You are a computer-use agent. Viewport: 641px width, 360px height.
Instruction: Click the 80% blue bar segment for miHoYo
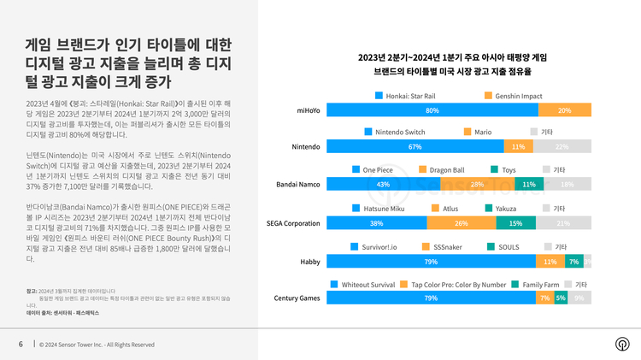(x=432, y=110)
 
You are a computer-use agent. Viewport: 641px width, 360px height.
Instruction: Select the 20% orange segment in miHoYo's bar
(x=565, y=110)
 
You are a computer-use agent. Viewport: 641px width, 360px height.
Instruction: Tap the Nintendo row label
(x=306, y=147)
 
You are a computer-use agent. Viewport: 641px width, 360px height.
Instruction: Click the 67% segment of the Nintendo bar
(x=415, y=147)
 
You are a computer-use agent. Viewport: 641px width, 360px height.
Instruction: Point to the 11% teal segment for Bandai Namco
(x=528, y=184)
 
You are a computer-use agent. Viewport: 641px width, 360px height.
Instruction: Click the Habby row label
(x=309, y=261)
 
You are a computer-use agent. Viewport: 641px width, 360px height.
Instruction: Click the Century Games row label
(x=297, y=298)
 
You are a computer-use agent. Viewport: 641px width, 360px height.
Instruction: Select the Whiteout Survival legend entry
(x=365, y=284)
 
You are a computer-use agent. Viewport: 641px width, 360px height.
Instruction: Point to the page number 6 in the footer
(x=21, y=345)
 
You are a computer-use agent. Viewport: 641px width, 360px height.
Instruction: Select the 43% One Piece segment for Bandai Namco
(x=383, y=184)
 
